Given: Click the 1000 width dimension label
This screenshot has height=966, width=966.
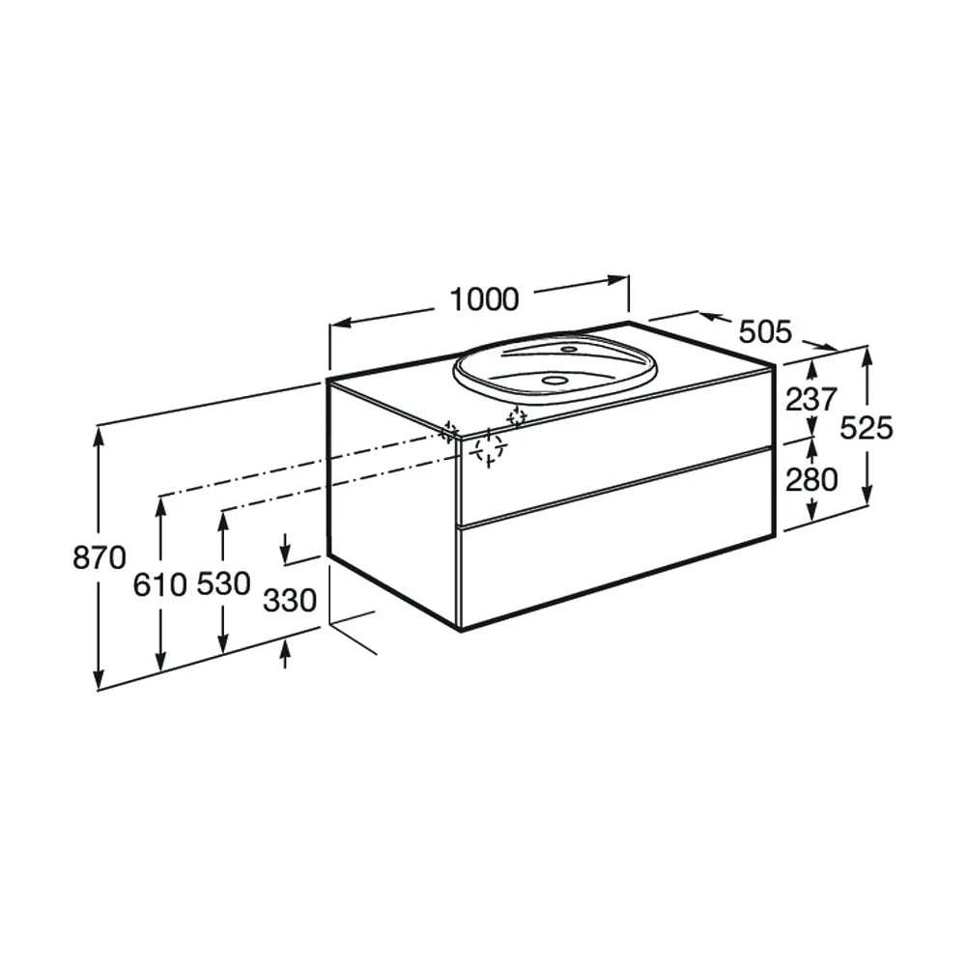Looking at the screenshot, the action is tap(484, 300).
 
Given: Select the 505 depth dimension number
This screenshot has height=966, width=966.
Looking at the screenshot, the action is tap(764, 332).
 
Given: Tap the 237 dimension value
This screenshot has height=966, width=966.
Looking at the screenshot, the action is tap(811, 399).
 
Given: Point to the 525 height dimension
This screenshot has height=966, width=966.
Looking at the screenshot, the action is tap(867, 428).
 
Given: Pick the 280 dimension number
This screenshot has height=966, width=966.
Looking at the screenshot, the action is tap(811, 480).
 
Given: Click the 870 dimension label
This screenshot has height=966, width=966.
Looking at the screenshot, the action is tap(99, 557).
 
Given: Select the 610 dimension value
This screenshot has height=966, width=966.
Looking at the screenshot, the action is tap(159, 584).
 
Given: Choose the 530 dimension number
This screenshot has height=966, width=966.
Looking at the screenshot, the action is tap(224, 583).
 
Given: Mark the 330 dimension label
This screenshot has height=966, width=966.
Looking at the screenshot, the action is tap(290, 600).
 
